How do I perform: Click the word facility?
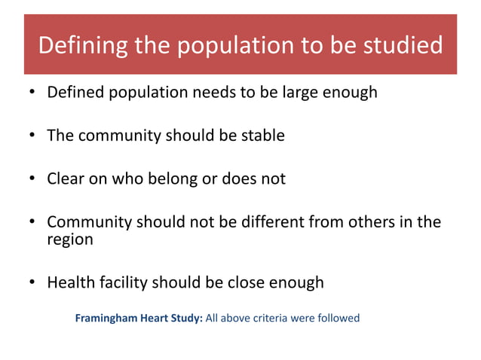[124, 282]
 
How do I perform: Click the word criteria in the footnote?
[277, 319]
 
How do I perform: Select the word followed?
[340, 319]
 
